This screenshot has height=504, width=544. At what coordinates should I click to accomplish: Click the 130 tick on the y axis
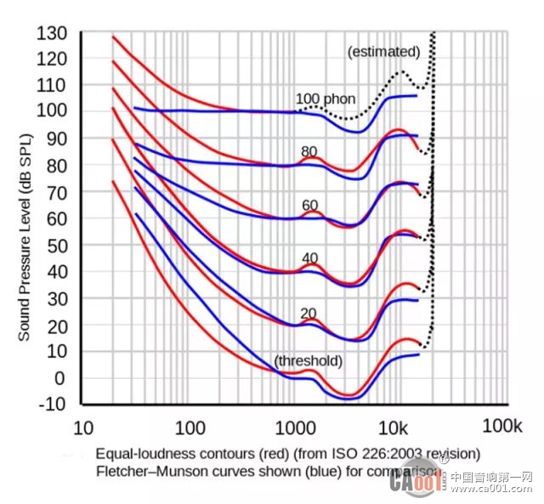pos(53,33)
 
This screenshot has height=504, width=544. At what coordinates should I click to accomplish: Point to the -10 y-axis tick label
pos(53,404)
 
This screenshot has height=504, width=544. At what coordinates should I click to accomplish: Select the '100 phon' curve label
pos(326,98)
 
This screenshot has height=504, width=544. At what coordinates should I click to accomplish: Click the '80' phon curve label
pos(309,151)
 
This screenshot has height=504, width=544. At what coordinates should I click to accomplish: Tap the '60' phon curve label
pos(309,205)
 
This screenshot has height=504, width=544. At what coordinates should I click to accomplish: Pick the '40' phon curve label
pos(309,258)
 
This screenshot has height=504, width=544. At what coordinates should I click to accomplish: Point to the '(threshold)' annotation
pos(308,361)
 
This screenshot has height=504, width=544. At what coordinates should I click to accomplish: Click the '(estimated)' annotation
pos(383,52)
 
